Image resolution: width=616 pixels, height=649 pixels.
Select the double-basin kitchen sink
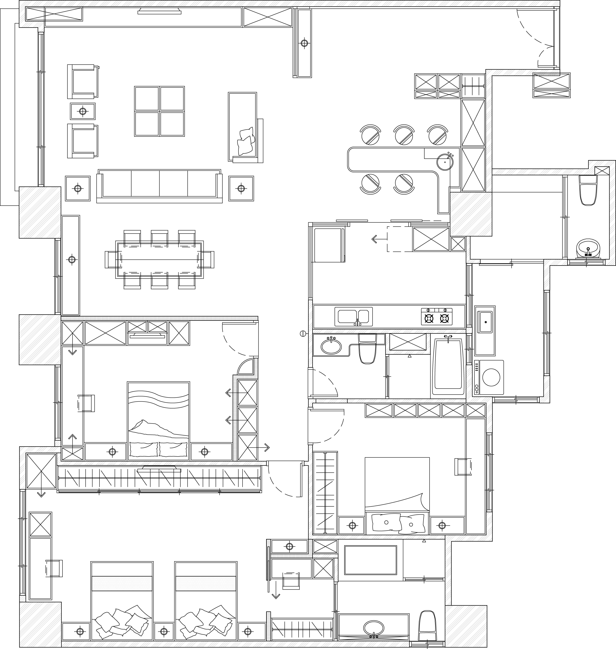[354, 317]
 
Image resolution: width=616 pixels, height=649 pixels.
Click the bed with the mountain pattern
[158, 421]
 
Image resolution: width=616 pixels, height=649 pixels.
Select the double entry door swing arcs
[537, 38]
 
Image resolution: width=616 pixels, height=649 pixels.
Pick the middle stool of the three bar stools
[404, 135]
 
